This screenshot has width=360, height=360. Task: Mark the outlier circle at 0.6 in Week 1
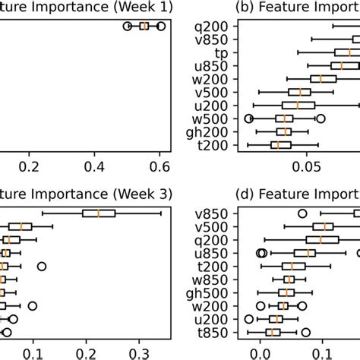coord(160,26)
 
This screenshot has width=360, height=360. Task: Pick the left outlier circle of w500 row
coord(249,118)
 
